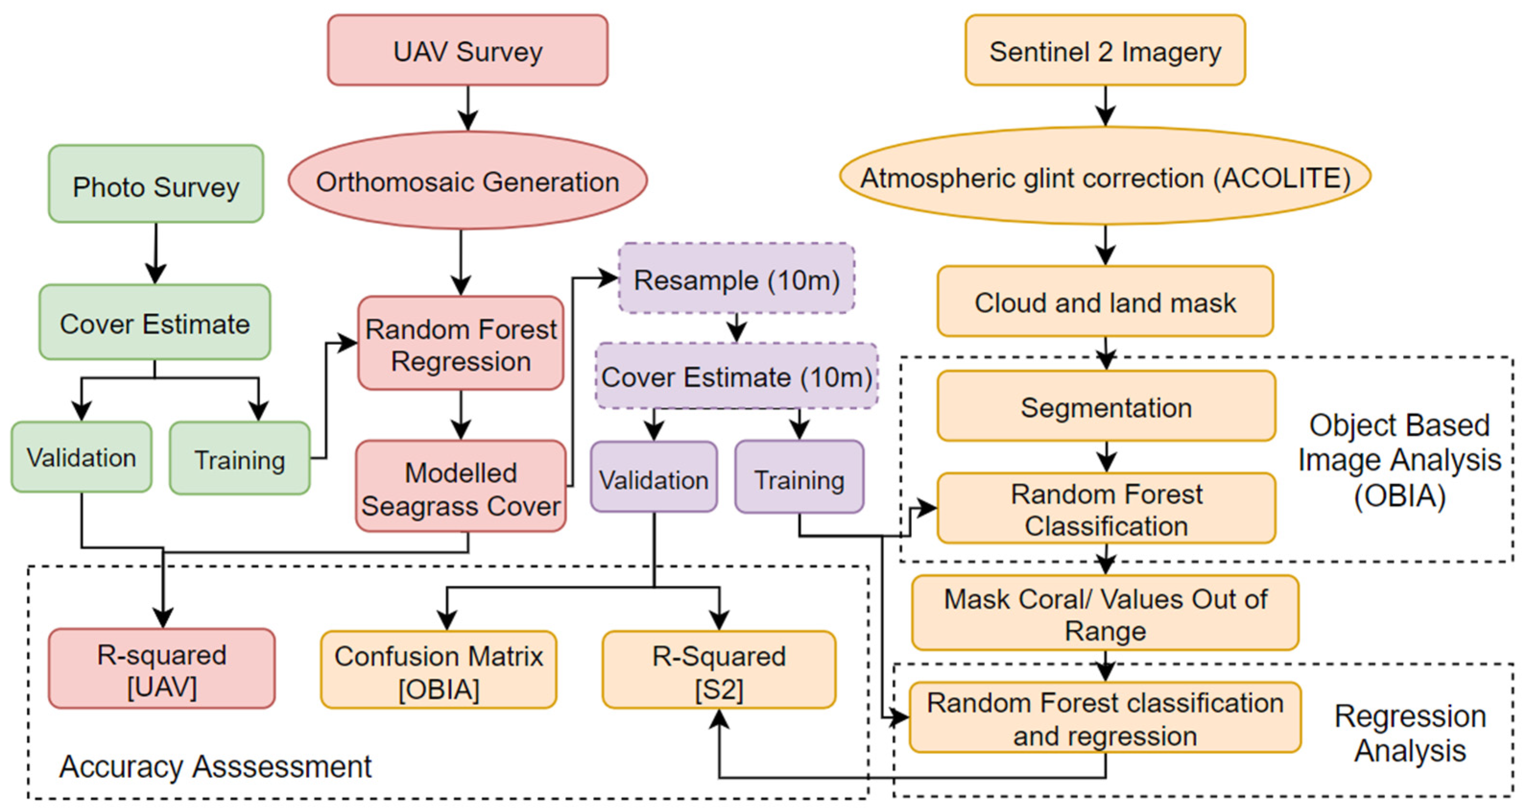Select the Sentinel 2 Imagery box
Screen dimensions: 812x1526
point(1105,50)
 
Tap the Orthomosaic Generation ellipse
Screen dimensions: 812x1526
point(467,181)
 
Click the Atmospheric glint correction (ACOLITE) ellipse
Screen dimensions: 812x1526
point(1105,177)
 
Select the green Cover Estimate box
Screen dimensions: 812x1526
point(154,322)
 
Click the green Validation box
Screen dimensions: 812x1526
point(81,457)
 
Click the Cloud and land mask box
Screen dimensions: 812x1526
point(1105,302)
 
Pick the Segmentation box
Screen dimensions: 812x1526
point(1106,406)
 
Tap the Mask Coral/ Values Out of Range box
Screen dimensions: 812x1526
point(1105,613)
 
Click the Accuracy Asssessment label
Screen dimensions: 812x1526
point(215,766)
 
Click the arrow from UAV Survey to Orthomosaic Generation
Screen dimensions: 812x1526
point(468,108)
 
